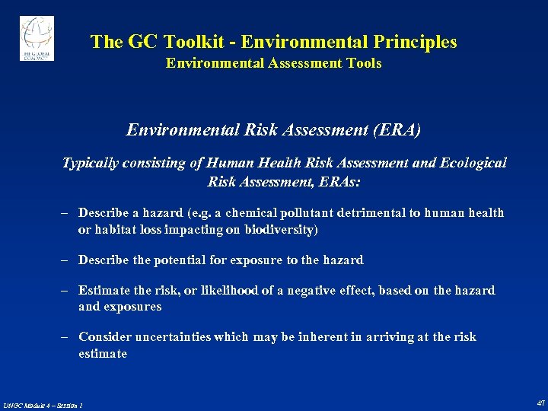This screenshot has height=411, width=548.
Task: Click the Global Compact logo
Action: point(36,39)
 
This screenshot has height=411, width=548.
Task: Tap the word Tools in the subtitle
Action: point(365,63)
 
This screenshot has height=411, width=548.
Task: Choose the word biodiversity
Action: point(277,230)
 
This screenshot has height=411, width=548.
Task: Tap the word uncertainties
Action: point(170,337)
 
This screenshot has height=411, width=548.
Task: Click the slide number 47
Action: point(540,403)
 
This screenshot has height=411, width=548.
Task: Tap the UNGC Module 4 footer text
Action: point(43,405)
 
